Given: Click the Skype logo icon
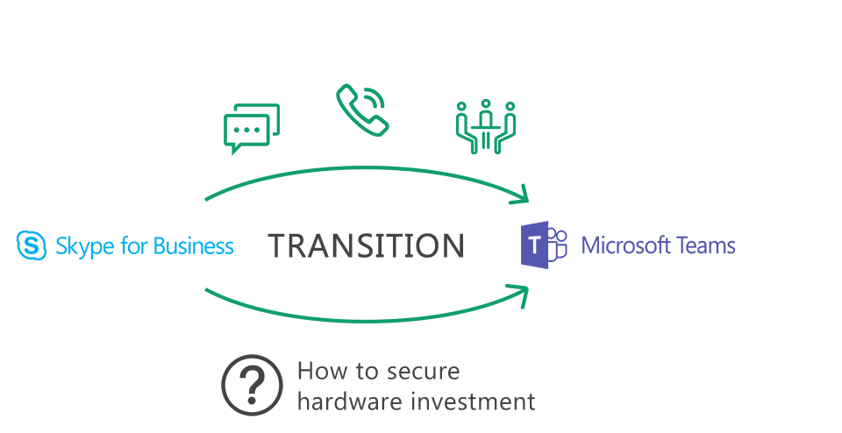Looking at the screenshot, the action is pyautogui.click(x=32, y=245).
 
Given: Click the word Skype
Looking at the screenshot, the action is pyautogui.click(x=85, y=247).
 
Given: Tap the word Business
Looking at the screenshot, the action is pyautogui.click(x=193, y=245).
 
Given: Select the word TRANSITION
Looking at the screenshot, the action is pyautogui.click(x=367, y=245).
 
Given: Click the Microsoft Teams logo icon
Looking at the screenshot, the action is pyautogui.click(x=544, y=245).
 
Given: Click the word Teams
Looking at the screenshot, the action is pyautogui.click(x=705, y=245).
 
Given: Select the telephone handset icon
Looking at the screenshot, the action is pyautogui.click(x=362, y=110).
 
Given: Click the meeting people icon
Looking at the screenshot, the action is pyautogui.click(x=485, y=126).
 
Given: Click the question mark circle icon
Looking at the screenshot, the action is pyautogui.click(x=252, y=385).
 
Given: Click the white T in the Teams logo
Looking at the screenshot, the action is pyautogui.click(x=535, y=245).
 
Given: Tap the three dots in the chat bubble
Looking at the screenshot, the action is pyautogui.click(x=247, y=130).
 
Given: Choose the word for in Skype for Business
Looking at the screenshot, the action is pyautogui.click(x=134, y=245).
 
